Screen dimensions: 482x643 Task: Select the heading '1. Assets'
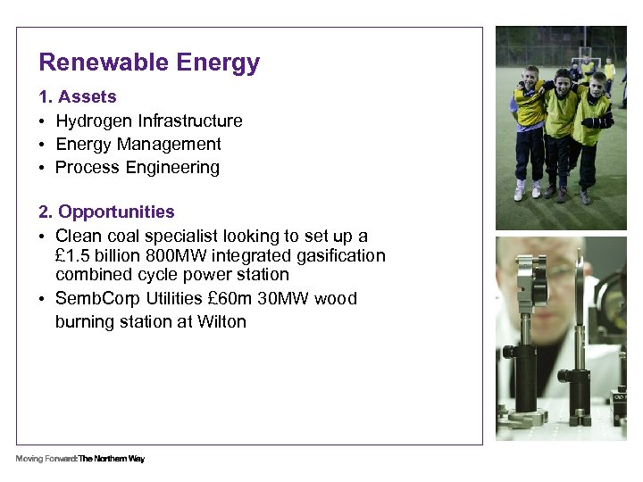click(78, 96)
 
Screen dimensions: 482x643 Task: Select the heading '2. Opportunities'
click(106, 212)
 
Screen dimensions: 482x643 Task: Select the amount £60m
click(223, 298)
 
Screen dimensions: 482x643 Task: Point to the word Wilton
click(221, 321)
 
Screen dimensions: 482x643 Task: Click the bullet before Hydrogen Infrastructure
click(42, 121)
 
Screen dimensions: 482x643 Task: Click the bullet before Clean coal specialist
click(42, 237)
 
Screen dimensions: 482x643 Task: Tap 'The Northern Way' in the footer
click(112, 459)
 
